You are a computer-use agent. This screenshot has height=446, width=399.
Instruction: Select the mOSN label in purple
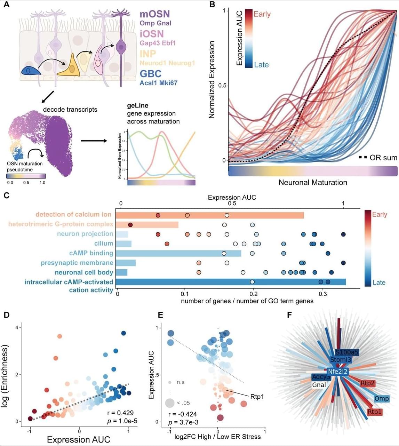coord(154,14)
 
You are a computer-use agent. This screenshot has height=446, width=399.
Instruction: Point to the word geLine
coord(138,105)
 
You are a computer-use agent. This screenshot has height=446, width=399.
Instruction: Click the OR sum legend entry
coord(383,158)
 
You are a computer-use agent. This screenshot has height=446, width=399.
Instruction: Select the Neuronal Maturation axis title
coord(313,182)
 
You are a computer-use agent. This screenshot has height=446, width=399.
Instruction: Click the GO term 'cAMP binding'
coord(91,253)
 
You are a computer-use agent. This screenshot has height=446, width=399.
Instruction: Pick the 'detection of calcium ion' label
coord(73,214)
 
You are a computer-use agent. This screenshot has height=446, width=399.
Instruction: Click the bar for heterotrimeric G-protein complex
coord(147,224)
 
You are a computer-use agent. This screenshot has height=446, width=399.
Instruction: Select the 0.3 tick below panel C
coord(323,293)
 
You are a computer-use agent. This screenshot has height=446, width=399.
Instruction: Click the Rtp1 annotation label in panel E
coord(257,396)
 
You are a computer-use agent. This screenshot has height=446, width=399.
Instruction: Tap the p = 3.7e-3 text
coord(182,423)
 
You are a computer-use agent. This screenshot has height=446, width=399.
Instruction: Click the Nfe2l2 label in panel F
coord(337,372)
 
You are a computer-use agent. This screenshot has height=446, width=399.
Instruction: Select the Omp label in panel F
coord(381,398)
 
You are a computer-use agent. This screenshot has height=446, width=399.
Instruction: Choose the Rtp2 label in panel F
coord(367,383)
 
